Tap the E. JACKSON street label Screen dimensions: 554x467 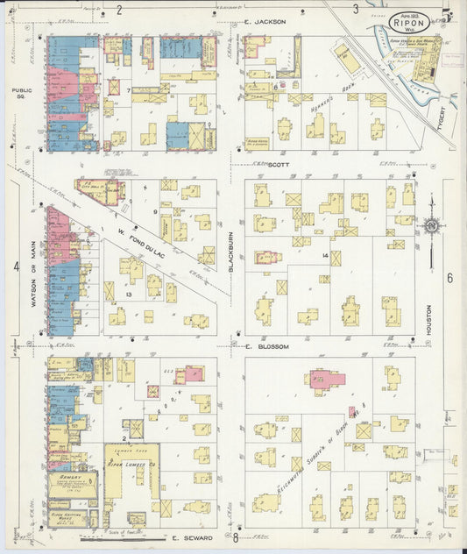click(x=265, y=21)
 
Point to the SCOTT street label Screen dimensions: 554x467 click(x=278, y=164)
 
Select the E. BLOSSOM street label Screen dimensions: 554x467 click(x=267, y=346)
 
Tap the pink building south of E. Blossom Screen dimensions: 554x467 click(x=324, y=380)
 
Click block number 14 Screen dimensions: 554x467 click(x=324, y=254)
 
